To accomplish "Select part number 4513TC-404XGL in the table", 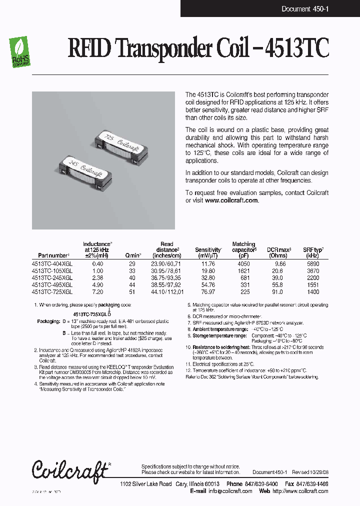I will point(52,263).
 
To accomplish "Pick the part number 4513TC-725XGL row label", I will point(52,291).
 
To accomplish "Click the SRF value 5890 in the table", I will point(313,263).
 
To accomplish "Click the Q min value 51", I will point(132,291).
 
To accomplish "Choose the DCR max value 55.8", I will point(279,284).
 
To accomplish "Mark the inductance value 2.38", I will point(97,277).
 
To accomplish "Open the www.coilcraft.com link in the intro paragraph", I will point(231,200).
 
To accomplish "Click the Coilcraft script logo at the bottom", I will point(70,470).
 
